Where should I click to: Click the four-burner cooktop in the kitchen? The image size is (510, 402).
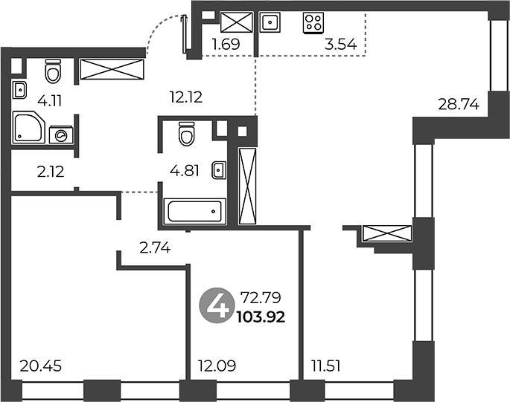click(313, 23)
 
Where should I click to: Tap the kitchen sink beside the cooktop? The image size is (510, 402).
click(270, 22)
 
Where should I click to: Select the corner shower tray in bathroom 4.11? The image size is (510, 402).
click(28, 127)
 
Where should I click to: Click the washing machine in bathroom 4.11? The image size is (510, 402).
click(61, 135)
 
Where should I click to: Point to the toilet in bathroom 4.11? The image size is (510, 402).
click(53, 71)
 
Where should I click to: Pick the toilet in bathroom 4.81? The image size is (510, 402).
click(187, 134)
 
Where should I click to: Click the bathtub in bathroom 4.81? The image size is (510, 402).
click(195, 211)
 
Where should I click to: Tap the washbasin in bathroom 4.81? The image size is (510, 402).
click(219, 170)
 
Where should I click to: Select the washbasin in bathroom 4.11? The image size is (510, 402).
click(19, 90)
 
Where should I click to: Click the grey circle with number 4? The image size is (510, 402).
click(217, 307)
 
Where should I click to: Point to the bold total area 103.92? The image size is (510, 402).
click(261, 317)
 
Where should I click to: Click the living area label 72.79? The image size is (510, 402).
click(260, 297)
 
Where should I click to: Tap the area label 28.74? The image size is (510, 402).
click(459, 105)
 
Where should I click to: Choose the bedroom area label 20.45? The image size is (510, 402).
click(41, 366)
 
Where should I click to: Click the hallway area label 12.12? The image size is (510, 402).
click(186, 97)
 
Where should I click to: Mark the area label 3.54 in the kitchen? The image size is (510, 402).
click(340, 44)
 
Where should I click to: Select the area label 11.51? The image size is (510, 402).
click(326, 366)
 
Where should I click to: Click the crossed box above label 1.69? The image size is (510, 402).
click(237, 22)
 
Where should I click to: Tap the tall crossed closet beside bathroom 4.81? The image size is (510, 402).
click(247, 186)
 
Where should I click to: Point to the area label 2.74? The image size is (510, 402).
click(155, 248)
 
